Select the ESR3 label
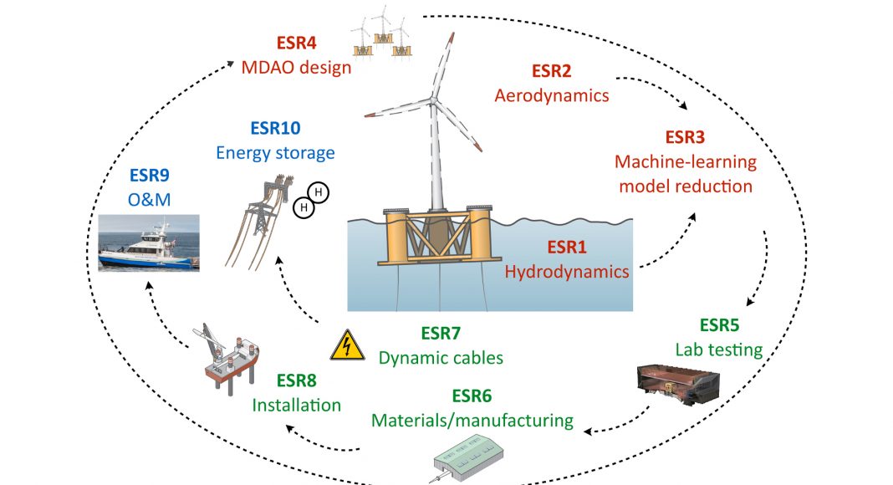[686, 136]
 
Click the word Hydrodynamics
[567, 271]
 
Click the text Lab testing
[718, 350]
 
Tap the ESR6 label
[472, 395]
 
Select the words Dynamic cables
[441, 358]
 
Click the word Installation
[297, 405]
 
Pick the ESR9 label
[149, 176]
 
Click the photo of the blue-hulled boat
[148, 242]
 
